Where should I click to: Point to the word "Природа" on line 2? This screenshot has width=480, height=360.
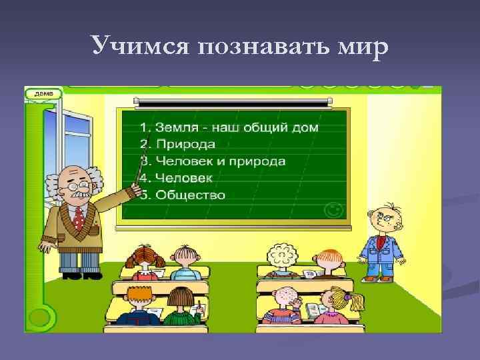(x=186, y=144)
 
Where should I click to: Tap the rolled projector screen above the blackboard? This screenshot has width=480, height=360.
(x=233, y=102)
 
